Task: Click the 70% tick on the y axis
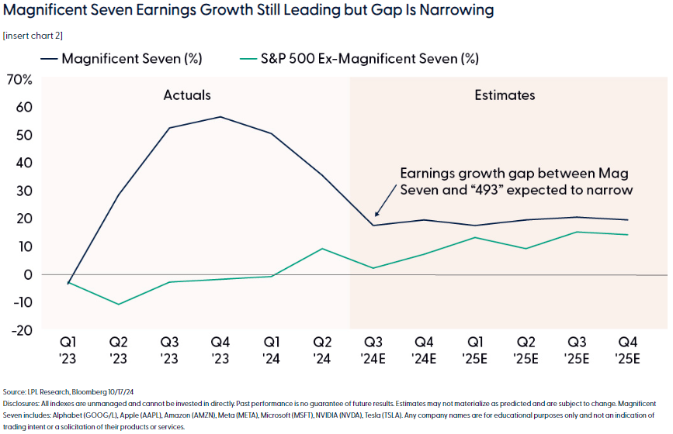pos(19,80)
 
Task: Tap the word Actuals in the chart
pos(187,95)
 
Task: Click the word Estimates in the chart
pos(505,95)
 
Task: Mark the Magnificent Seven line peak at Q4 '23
pos(220,117)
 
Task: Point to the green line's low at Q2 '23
pos(119,304)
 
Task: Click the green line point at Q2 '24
pos(322,249)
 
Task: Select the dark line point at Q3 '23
pos(169,128)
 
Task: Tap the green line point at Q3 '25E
pos(577,232)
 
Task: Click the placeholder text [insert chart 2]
pos(33,36)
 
